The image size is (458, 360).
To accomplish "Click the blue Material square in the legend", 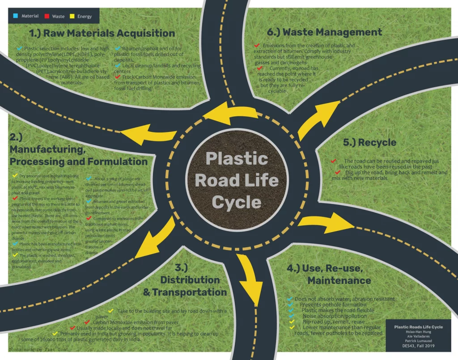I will (x=15, y=16).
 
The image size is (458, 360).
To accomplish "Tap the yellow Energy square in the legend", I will (x=72, y=16).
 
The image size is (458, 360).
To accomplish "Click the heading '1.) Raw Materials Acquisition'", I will (x=102, y=33).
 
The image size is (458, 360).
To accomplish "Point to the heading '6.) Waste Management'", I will (x=324, y=32).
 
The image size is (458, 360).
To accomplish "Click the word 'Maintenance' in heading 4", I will (x=339, y=280).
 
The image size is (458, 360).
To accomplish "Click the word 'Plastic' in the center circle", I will (x=237, y=158).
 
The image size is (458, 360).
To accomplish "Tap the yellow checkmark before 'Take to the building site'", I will (x=111, y=310).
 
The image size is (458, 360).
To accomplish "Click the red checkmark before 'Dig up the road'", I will (x=338, y=172).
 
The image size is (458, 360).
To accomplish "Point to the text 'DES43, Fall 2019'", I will (x=418, y=346).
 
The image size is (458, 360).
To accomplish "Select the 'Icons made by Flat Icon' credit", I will (x=38, y=349).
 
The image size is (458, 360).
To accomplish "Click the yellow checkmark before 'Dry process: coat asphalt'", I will (x=15, y=175).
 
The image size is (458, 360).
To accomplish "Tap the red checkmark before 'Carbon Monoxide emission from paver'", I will (x=87, y=322).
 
